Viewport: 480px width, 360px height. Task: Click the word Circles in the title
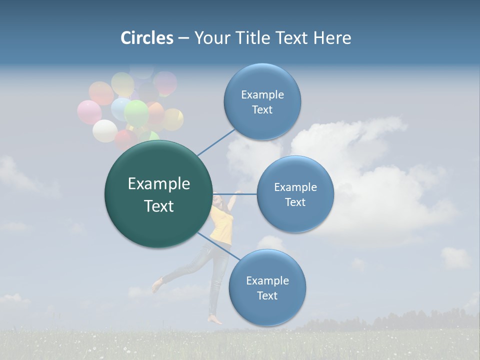[x=146, y=38]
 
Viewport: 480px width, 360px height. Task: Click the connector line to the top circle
[x=216, y=142]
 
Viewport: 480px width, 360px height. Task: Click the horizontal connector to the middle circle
[x=235, y=194]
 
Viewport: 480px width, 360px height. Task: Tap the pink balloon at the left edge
[x=89, y=112]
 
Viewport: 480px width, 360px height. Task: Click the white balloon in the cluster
[x=104, y=131]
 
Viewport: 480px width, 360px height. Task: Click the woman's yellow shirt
[x=220, y=225]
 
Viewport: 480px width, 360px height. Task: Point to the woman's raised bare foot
[x=157, y=286]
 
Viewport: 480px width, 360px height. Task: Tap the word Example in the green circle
[x=158, y=184]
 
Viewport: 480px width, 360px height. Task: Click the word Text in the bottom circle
[x=267, y=295]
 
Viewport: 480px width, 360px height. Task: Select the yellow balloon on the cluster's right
[x=173, y=119]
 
